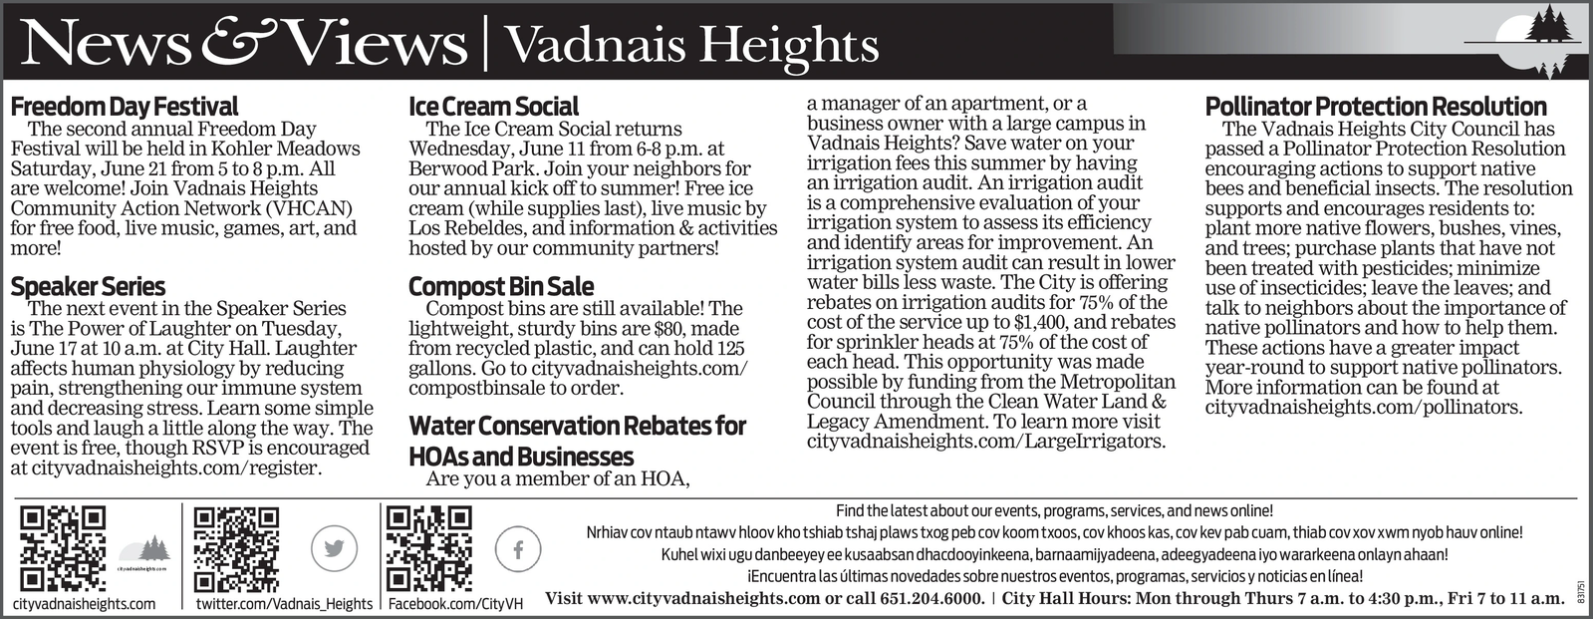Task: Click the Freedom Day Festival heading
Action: [125, 107]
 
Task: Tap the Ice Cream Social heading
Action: [493, 107]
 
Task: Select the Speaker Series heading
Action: [88, 287]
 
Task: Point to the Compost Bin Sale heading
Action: [501, 287]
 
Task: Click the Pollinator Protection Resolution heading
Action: [1376, 107]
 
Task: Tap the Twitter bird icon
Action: [334, 548]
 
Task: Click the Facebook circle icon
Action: [518, 548]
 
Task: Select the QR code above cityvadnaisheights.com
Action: [63, 548]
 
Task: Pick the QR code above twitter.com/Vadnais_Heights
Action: [236, 548]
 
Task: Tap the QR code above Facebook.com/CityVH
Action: [428, 548]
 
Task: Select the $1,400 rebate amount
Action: [1040, 323]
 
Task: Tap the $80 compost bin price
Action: [667, 329]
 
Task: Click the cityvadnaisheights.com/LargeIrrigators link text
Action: [985, 442]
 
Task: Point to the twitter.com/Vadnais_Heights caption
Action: [284, 604]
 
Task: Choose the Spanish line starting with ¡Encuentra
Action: [1054, 577]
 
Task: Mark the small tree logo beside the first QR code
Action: [145, 550]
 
